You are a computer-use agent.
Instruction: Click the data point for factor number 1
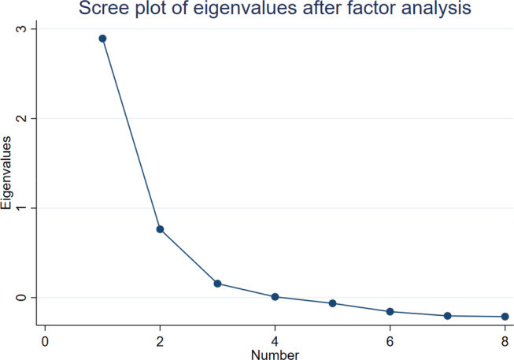pos(102,39)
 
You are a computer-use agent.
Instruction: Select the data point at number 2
pos(160,229)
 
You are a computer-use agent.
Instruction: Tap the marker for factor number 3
pos(218,284)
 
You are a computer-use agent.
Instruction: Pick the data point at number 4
pos(275,297)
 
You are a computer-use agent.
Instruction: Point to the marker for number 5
pos(332,303)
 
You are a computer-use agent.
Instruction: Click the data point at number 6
pos(390,312)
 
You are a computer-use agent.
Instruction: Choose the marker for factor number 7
pos(447,316)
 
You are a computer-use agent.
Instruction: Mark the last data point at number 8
pos(505,317)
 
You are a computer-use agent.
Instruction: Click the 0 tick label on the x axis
pos(45,342)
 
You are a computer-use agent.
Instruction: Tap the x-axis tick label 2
pos(160,342)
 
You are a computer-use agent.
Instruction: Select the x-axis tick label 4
pos(275,342)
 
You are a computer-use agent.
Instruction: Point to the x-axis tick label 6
pos(390,342)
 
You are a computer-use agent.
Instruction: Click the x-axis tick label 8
pos(505,342)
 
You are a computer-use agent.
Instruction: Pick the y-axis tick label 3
pos(21,29)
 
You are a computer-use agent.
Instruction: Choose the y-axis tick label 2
pos(21,118)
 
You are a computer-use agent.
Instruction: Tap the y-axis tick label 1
pos(21,208)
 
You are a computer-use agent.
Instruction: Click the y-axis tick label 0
pos(21,298)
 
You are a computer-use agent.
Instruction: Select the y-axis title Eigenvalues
pos(6,173)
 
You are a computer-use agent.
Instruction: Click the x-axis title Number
pos(275,354)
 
